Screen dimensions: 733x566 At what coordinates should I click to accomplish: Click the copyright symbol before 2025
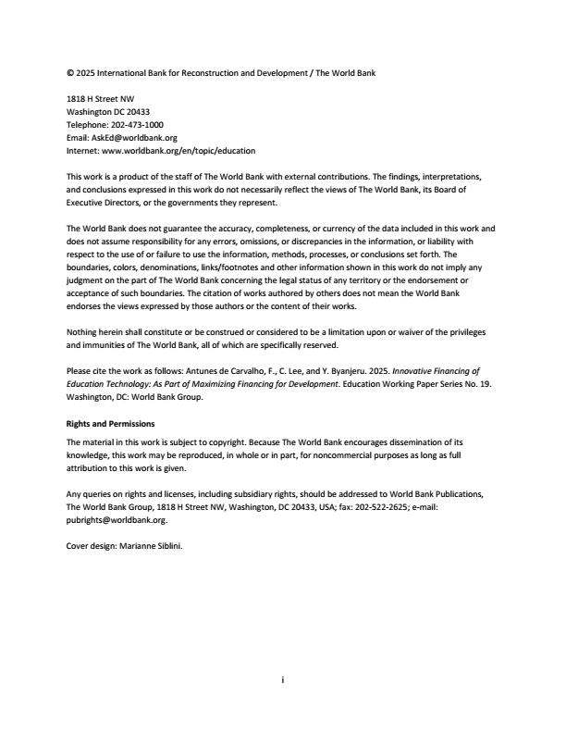point(70,71)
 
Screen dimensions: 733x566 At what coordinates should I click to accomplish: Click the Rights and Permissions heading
point(112,423)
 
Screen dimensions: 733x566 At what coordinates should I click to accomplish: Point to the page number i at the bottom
point(283,679)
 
